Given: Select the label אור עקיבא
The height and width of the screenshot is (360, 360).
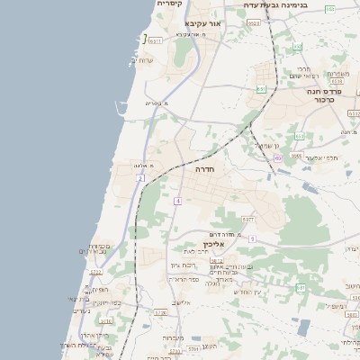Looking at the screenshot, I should click(202, 23).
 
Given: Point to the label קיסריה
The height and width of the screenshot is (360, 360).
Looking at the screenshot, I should click(169, 4).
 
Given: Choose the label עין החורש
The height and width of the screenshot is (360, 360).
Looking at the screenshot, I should click(246, 291).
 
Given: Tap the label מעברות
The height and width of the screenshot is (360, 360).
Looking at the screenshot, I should click(174, 338).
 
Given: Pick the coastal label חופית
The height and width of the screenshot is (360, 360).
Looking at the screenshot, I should click(99, 289).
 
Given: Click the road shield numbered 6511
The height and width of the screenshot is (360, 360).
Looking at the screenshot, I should click(156, 40).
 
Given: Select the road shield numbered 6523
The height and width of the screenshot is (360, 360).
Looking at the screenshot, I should click(253, 23).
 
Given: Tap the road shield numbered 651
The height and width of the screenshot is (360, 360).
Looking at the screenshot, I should click(261, 88).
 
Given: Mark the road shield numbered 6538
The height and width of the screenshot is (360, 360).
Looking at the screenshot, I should click(337, 81).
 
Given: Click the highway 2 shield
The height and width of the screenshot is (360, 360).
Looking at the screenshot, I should click(140, 178).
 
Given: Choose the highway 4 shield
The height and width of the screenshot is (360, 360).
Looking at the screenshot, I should click(178, 200).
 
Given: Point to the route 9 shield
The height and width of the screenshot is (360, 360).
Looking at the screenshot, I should click(253, 238).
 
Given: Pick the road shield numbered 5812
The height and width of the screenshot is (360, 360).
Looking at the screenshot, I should click(216, 261).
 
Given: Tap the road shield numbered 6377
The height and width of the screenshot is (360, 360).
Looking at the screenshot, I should click(248, 219).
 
